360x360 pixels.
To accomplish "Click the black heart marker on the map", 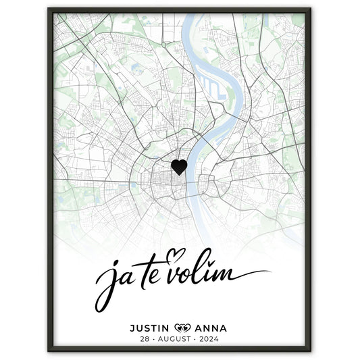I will [x=178, y=167].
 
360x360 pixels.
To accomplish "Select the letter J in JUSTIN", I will [x=132, y=328].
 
